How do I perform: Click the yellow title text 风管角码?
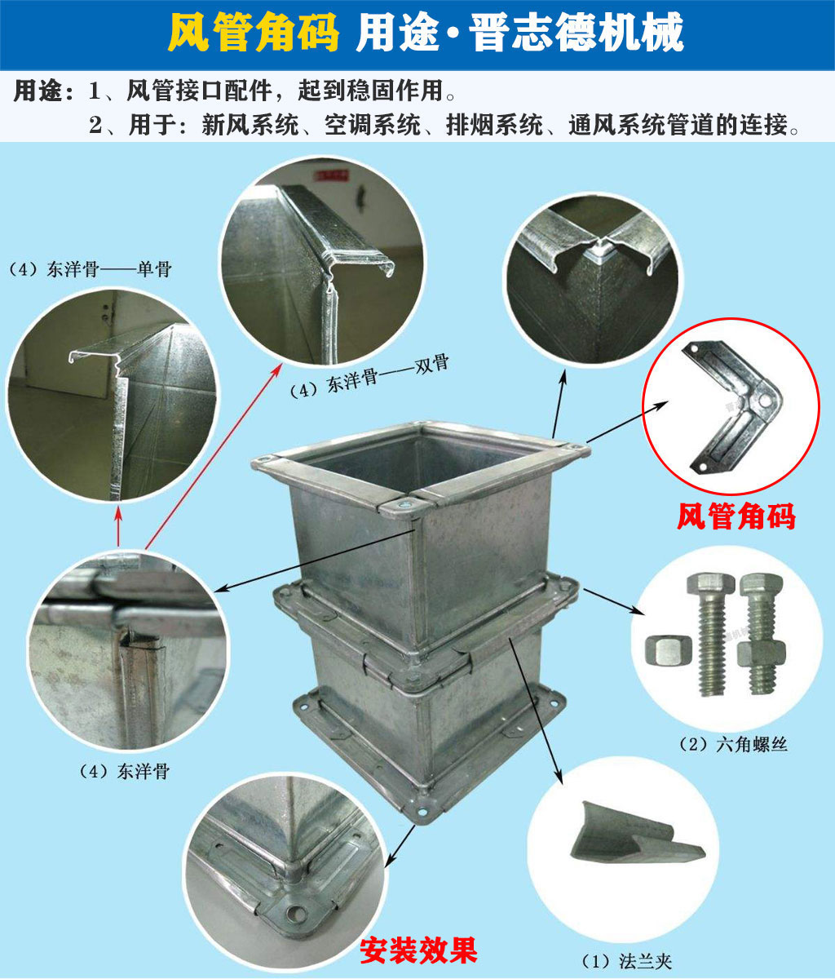(253, 33)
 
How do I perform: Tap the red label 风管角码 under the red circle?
(736, 516)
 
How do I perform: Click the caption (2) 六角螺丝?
(732, 744)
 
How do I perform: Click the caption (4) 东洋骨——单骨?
(90, 270)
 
